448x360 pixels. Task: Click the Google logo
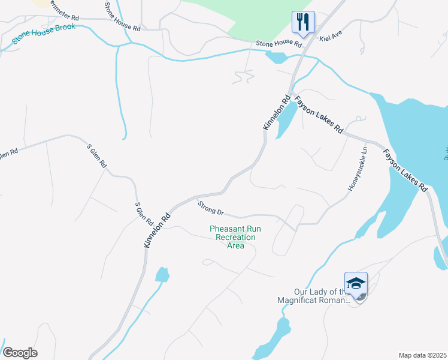click(20, 353)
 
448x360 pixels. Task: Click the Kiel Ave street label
click(330, 38)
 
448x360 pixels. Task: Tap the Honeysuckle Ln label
click(358, 170)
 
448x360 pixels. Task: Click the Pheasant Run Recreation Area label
click(235, 237)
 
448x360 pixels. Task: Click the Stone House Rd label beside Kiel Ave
click(279, 43)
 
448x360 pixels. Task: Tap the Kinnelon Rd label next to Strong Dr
click(157, 229)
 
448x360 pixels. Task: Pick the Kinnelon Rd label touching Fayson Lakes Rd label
click(277, 112)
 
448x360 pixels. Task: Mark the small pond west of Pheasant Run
click(162, 275)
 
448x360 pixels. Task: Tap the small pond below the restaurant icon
click(276, 58)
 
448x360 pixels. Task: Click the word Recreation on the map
click(235, 237)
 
